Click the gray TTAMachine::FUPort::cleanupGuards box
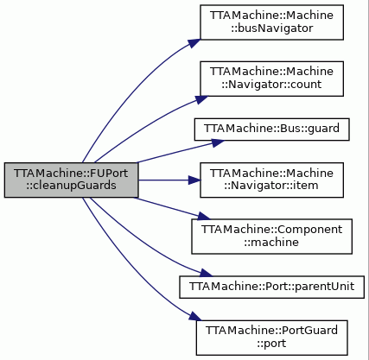click(x=71, y=180)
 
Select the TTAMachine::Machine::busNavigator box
click(x=271, y=22)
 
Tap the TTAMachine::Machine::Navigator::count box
click(x=271, y=79)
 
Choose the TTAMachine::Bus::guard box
click(x=271, y=129)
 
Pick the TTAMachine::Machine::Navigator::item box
click(x=271, y=180)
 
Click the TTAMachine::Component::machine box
click(x=271, y=237)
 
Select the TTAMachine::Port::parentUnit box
click(x=271, y=287)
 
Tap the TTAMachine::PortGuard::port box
click(x=271, y=338)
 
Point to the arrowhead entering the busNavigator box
click(x=194, y=43)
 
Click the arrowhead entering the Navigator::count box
click(x=201, y=99)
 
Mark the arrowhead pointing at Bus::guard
click(x=218, y=142)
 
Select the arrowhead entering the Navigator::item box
click(x=194, y=180)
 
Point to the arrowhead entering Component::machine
click(x=204, y=217)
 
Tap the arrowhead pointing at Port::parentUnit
click(x=206, y=273)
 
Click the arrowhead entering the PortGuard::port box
click(x=195, y=317)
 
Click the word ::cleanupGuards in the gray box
click(x=71, y=186)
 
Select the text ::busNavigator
click(x=271, y=28)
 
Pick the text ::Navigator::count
click(x=271, y=85)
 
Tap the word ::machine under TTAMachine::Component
click(x=271, y=242)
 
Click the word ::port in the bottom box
click(x=271, y=344)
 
